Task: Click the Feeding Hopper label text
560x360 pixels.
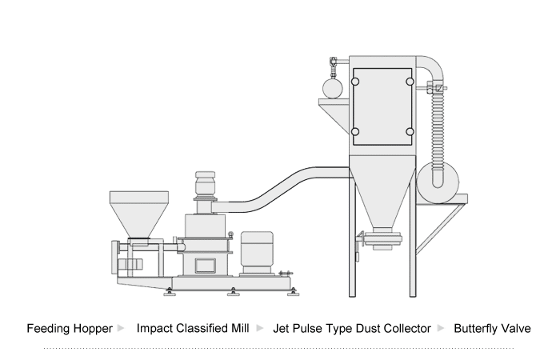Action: click(x=69, y=329)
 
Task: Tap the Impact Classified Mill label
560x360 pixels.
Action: click(x=193, y=329)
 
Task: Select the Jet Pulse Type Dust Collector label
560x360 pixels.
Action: click(x=352, y=329)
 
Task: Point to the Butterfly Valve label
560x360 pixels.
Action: click(x=492, y=329)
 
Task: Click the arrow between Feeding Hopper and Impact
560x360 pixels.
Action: click(x=121, y=329)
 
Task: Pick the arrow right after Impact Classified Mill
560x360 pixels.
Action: click(x=260, y=329)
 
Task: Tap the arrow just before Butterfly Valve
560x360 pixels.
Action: click(x=441, y=329)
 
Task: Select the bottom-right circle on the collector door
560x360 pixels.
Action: click(x=410, y=131)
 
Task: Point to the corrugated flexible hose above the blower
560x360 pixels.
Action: click(x=437, y=120)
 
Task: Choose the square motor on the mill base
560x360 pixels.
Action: click(x=258, y=251)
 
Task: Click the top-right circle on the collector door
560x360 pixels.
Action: click(x=410, y=81)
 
